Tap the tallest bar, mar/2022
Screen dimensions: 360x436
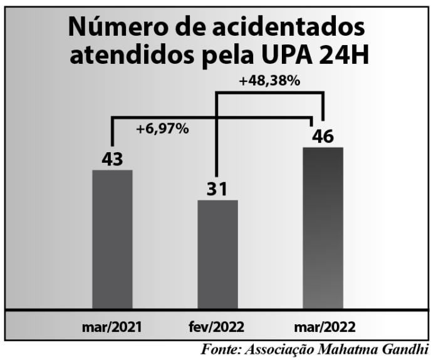pos(323,228)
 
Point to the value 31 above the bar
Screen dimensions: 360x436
pos(217,188)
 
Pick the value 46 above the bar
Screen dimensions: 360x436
pos(323,136)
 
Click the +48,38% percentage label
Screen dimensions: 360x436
pos(270,81)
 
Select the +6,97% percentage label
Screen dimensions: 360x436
pos(162,129)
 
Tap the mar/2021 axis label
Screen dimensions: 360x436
pos(112,327)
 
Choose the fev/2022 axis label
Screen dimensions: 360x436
pos(217,327)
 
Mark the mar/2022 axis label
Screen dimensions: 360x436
pos(324,327)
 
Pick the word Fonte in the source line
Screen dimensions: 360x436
pos(220,349)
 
